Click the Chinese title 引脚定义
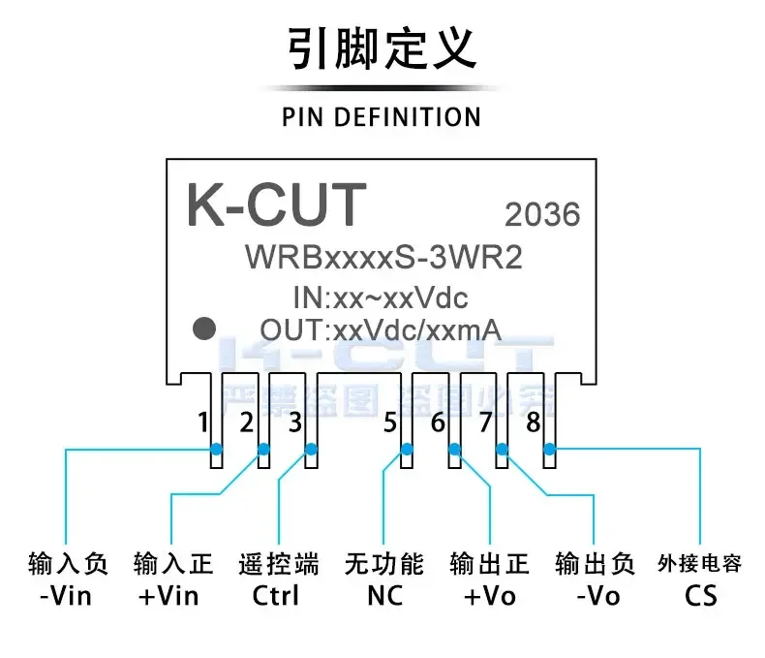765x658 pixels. (x=382, y=48)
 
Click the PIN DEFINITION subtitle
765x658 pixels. (x=382, y=117)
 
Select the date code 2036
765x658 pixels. (x=542, y=214)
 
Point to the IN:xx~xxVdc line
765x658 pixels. (x=380, y=297)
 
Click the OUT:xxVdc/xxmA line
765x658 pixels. (x=380, y=329)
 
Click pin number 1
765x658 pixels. (x=202, y=423)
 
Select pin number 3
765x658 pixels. (x=295, y=423)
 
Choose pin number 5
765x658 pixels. (x=390, y=423)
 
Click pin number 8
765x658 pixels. (x=533, y=423)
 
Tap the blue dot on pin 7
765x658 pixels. (x=502, y=449)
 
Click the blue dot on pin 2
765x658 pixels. (x=262, y=449)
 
